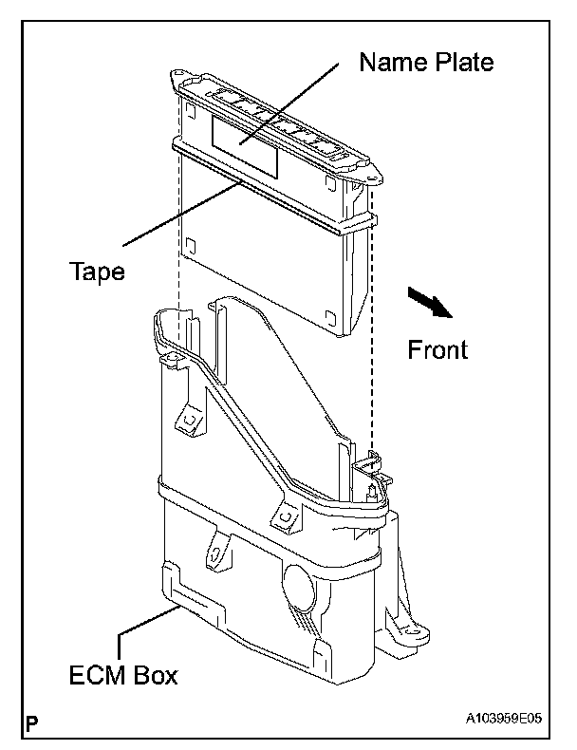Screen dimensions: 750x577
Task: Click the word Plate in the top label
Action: tap(463, 63)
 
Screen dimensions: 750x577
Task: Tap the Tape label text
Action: tap(97, 272)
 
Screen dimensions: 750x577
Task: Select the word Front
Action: tap(437, 349)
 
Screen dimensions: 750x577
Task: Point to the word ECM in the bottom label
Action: tap(101, 677)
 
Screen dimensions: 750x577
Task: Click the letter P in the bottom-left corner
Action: tap(32, 725)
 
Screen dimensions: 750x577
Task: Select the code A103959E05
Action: tap(503, 720)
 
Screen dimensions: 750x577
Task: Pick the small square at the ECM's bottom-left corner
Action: tap(190, 241)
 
